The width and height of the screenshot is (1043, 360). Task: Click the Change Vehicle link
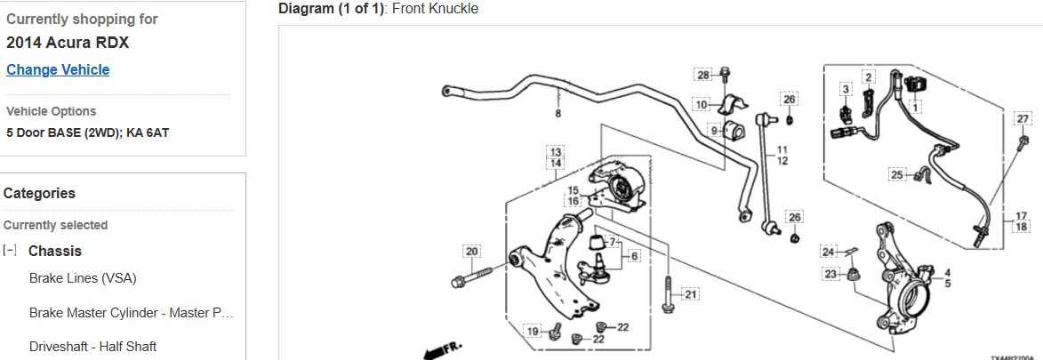58,69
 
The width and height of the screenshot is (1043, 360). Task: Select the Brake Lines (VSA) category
83,278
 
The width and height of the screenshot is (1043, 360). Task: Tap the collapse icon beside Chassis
10,251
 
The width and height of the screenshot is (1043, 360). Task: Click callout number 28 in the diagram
703,75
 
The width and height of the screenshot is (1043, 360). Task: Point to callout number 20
471,251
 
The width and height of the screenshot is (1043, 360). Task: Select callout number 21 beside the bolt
691,293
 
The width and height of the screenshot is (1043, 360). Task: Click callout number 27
1023,119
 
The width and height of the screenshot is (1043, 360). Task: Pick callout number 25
896,174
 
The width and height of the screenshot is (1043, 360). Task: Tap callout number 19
532,331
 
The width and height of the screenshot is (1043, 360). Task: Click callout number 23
831,274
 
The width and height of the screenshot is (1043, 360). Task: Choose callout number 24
828,251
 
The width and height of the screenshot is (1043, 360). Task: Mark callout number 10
702,105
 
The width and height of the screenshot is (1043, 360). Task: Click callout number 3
846,89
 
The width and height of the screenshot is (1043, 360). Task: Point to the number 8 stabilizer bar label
558,114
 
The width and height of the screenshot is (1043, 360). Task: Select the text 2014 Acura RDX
68,43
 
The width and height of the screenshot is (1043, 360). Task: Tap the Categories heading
39,193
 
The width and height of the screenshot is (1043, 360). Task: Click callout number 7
611,241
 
